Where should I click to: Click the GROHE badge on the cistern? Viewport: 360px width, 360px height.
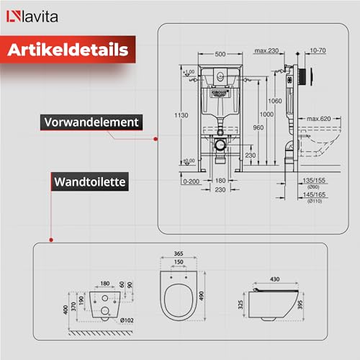[x=220, y=92]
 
